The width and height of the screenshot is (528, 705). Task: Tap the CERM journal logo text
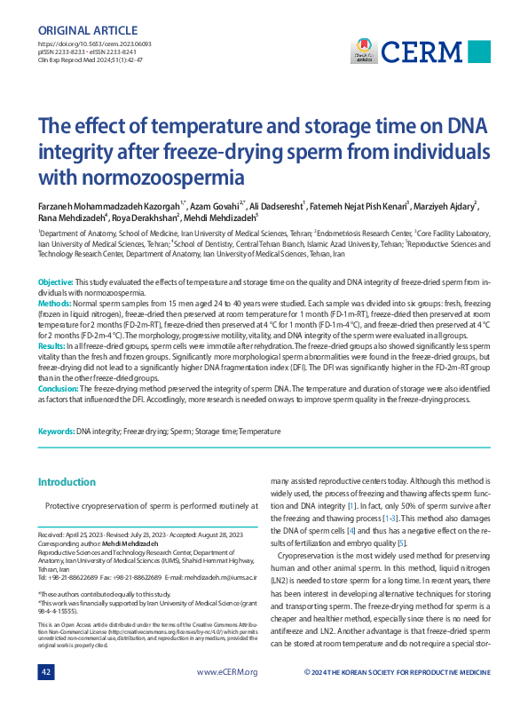[431, 50]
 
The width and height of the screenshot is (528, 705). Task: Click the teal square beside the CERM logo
[478, 51]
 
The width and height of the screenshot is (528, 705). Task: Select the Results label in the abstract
[53, 345]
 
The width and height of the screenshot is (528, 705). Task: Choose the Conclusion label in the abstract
[59, 387]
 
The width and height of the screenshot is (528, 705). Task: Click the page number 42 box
[47, 672]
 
